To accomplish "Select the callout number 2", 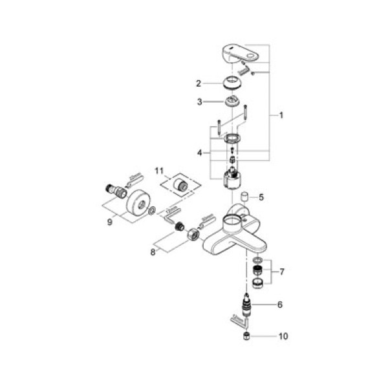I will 200,83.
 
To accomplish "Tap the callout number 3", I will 200,102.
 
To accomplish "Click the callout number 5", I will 261,197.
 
